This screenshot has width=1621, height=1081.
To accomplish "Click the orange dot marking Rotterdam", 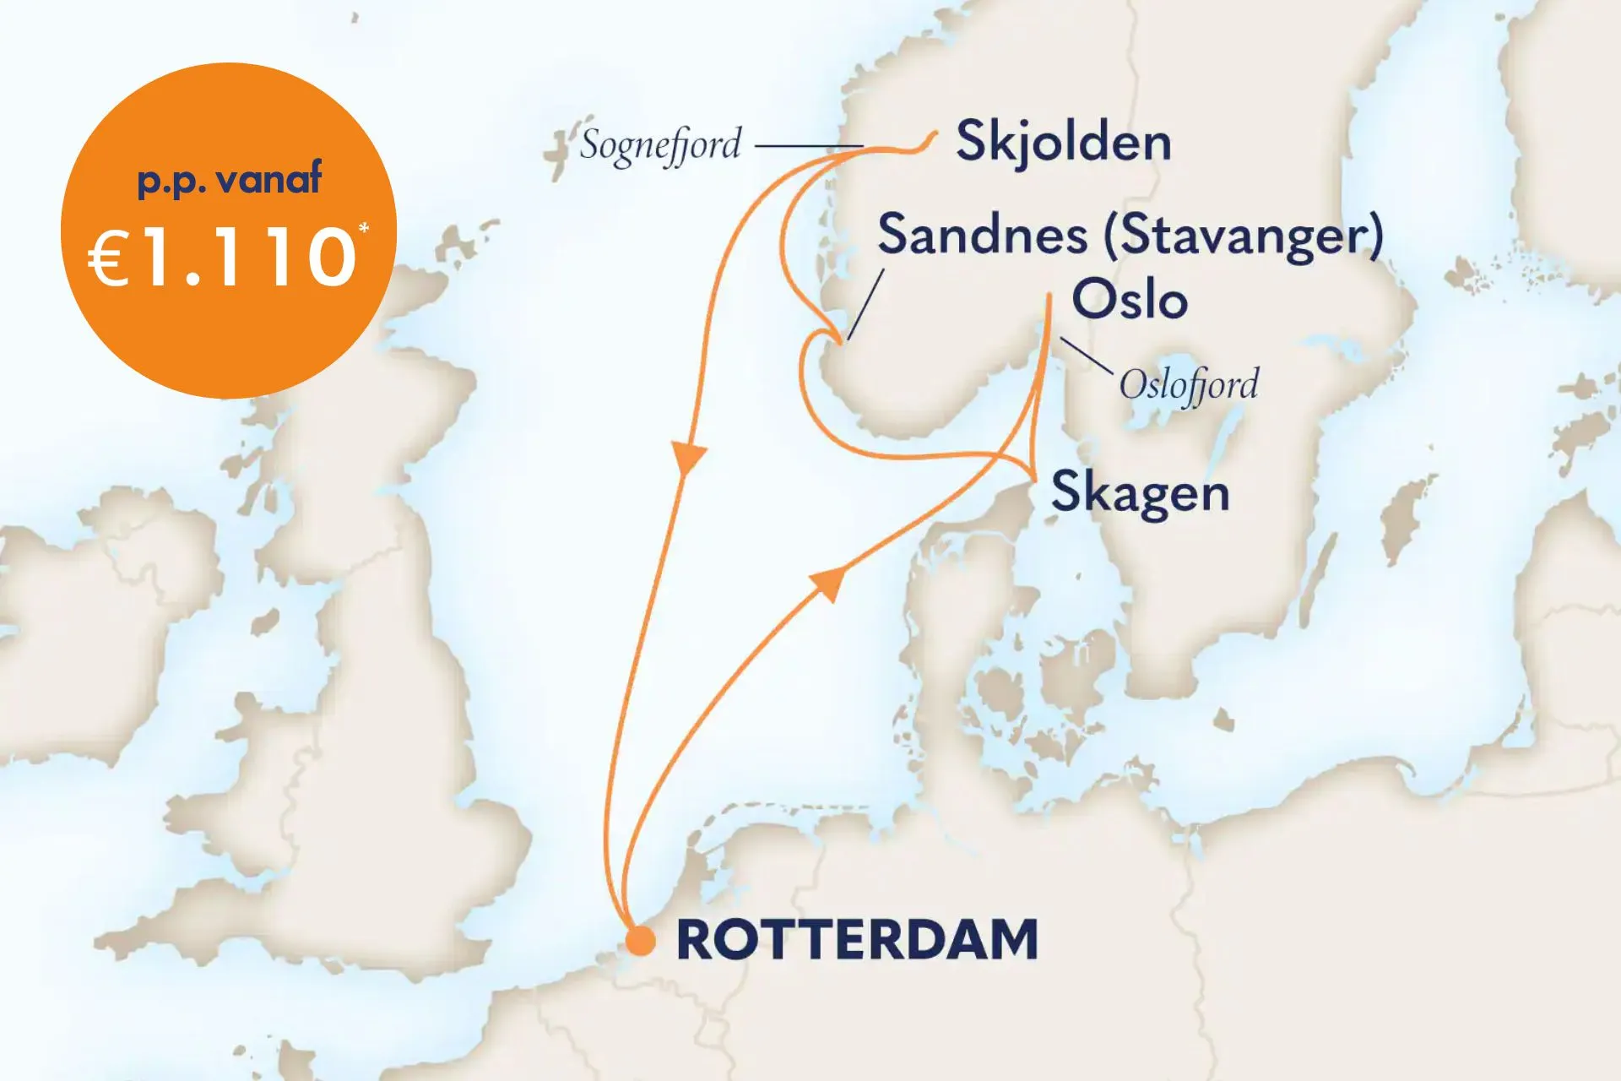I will (641, 940).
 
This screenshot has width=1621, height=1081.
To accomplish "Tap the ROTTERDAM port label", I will (857, 940).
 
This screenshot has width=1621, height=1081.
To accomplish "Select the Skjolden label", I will (1064, 142).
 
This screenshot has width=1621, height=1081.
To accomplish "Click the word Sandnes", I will (982, 235).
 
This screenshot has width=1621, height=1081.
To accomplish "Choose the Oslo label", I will (1130, 300).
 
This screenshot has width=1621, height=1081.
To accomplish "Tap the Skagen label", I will (1140, 492).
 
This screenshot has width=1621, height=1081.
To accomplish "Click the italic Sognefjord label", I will (660, 145).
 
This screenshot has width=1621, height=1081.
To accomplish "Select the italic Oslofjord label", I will (1189, 385).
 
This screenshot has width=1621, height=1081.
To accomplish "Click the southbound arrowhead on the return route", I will (690, 457).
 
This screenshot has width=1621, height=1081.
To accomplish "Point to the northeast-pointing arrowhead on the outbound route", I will (828, 583).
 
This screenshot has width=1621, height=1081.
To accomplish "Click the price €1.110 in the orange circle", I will (224, 258).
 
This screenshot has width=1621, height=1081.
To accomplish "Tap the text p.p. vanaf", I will (229, 179).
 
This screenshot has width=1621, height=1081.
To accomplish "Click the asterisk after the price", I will (364, 228).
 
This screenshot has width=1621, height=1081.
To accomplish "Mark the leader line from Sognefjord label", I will (806, 146).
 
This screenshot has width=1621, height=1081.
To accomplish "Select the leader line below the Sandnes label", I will (865, 304).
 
